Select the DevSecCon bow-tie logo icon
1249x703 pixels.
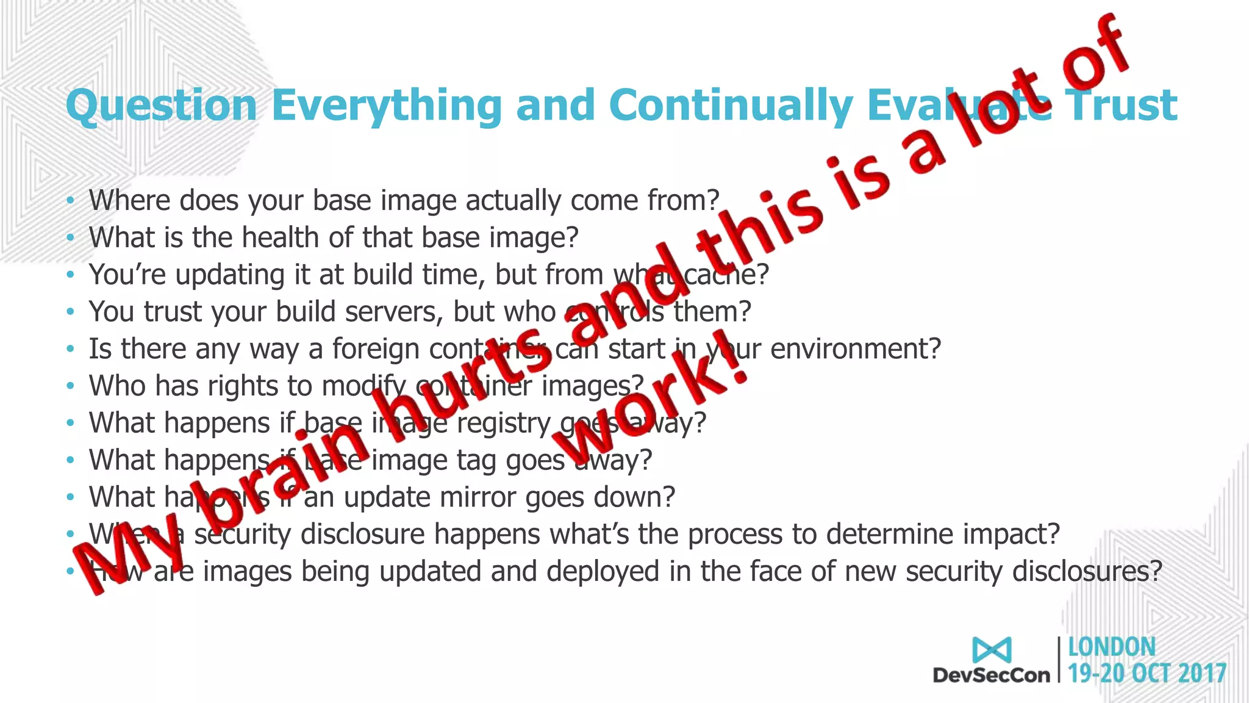click(x=992, y=650)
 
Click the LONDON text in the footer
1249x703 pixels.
click(x=1112, y=647)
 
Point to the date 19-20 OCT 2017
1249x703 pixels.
click(x=1147, y=674)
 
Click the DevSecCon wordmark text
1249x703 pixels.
click(x=992, y=675)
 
